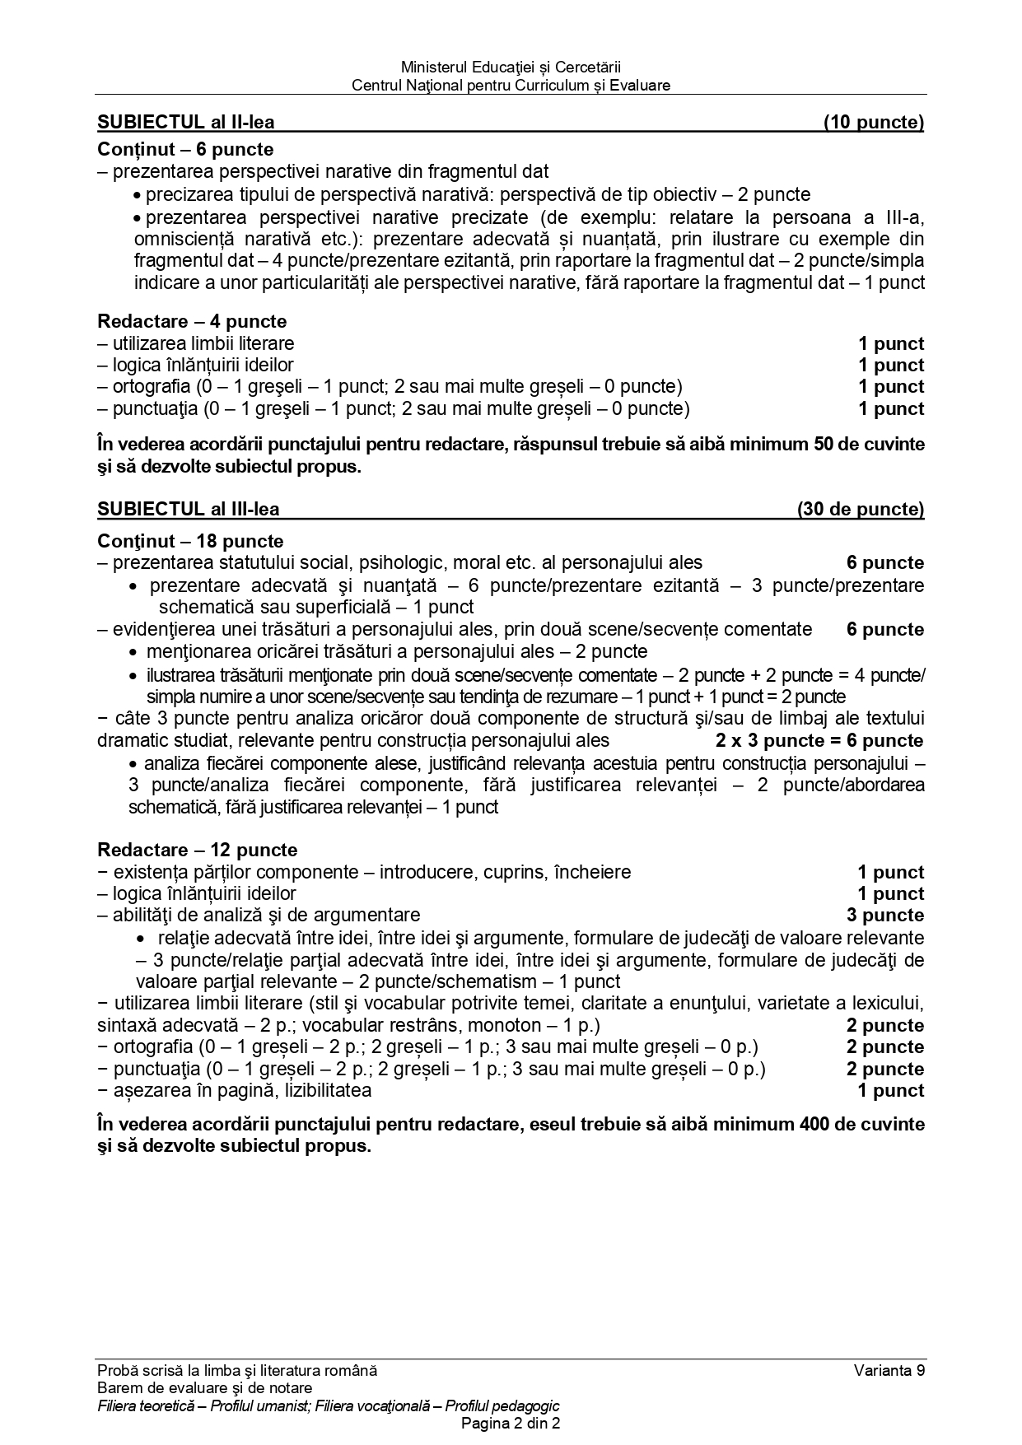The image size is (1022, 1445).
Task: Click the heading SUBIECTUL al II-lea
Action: pos(186,123)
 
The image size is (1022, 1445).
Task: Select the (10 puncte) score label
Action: pos(874,123)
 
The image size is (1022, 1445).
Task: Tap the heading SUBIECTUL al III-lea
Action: pos(189,509)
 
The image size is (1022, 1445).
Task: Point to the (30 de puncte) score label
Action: pos(861,509)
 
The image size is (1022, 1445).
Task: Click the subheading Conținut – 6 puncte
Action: pos(185,149)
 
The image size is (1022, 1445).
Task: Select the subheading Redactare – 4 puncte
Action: pos(192,321)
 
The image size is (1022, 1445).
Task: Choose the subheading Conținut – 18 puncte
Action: pos(190,541)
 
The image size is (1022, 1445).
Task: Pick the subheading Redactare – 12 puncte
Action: pos(197,850)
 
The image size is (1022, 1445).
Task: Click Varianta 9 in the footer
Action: pos(889,1371)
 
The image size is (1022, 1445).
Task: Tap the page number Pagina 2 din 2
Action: pos(511,1424)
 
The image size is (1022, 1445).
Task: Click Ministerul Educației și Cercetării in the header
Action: pos(511,67)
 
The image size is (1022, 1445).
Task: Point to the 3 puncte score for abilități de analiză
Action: pos(885,915)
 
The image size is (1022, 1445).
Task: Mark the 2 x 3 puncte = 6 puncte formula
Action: pos(819,740)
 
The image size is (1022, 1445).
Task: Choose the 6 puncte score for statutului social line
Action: pos(885,563)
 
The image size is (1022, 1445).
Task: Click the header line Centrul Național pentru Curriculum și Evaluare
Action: pos(511,85)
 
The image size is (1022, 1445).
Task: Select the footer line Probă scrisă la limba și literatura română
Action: pos(237,1371)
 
